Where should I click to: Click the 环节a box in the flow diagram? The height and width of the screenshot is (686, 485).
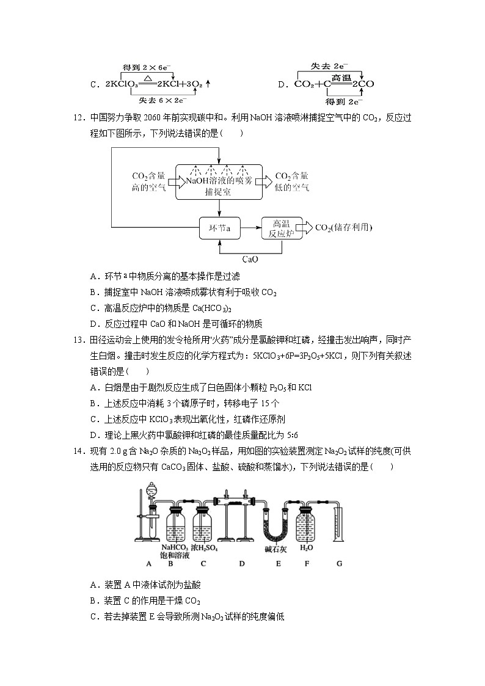click(x=220, y=229)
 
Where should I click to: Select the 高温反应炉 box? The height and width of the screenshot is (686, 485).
click(x=282, y=229)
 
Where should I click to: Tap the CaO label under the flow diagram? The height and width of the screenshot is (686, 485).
click(x=250, y=259)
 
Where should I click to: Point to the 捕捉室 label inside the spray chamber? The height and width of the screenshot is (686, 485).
click(x=219, y=191)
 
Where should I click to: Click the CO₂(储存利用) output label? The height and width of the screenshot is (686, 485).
click(x=343, y=228)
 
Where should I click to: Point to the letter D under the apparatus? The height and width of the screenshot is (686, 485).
click(x=242, y=563)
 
